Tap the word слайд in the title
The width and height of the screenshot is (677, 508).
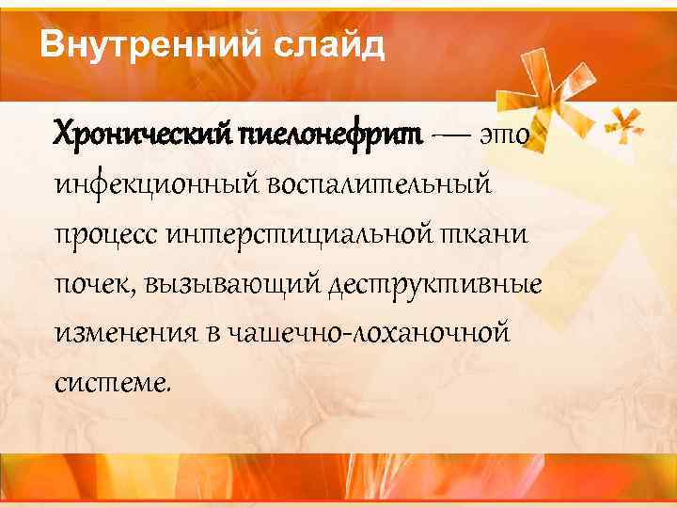point(332,44)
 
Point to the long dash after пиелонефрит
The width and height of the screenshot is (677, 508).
point(450,135)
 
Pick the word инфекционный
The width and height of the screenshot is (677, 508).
point(159,184)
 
